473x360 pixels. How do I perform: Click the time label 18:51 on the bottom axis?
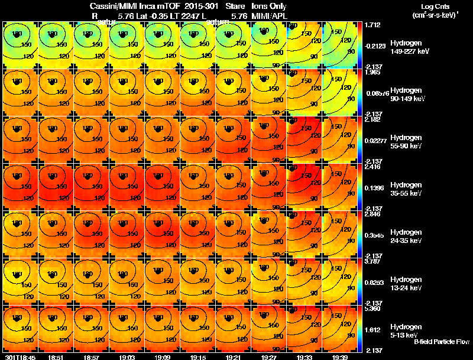(57, 357)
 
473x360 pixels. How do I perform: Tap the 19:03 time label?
(127, 357)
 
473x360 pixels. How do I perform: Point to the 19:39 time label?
(340, 357)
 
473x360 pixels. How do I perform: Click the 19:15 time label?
(198, 357)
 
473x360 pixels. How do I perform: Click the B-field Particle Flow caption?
(442, 342)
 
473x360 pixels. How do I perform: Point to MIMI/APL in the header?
(269, 17)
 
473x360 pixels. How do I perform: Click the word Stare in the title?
(235, 6)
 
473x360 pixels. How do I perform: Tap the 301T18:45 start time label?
(20, 357)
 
